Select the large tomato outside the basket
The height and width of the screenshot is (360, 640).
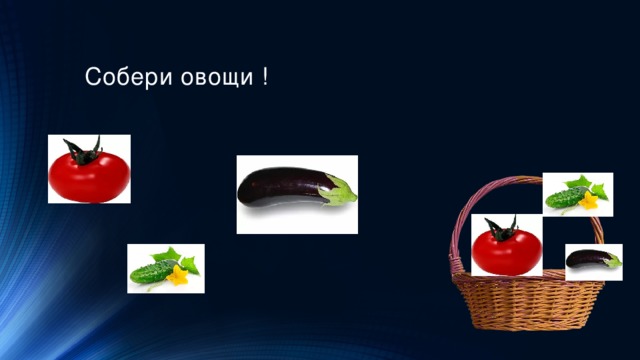tap(89, 173)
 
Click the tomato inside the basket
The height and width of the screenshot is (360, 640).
tap(506, 248)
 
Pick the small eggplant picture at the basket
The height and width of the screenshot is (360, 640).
tap(593, 260)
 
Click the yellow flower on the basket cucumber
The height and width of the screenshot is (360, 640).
tap(589, 202)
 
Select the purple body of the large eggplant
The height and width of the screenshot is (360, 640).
tap(280, 186)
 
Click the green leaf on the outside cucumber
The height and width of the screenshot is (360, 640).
tap(170, 255)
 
